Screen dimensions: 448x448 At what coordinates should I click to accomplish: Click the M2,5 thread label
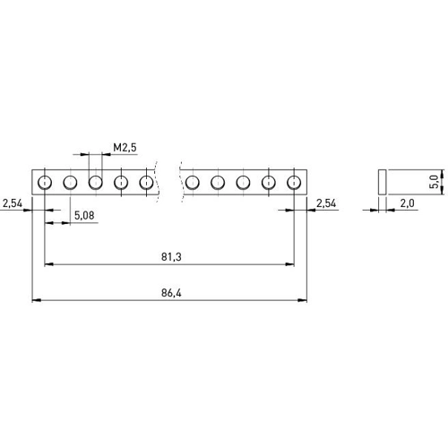coord(125,147)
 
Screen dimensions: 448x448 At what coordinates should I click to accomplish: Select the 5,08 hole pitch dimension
coord(84,215)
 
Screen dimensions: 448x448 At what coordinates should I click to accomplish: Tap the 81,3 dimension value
coord(171,257)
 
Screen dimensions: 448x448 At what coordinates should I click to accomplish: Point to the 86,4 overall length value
coord(171,293)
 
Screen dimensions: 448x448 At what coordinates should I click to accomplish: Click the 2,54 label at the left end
coord(13,203)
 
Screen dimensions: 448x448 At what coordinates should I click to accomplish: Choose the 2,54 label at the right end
coord(326,203)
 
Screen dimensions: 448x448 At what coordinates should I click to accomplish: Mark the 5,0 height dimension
coord(435,182)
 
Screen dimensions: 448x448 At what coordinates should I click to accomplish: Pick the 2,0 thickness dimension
coord(408,203)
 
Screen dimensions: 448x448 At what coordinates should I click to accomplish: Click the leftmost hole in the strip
coord(45,182)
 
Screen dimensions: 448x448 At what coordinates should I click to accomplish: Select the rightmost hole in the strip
coord(294,182)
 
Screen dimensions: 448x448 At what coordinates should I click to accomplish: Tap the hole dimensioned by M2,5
coord(96,182)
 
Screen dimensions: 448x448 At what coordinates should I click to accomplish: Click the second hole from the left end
coord(70,182)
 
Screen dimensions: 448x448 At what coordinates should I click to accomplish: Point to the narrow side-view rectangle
coord(383,182)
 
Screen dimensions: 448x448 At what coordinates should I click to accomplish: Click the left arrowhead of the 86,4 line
coord(37,300)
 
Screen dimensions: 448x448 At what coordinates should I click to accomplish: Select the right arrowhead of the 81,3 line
coord(289,264)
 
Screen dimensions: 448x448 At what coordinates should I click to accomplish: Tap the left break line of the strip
coord(157,182)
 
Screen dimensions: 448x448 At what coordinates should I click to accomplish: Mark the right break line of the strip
coord(181,182)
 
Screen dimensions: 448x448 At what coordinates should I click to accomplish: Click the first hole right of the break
coord(193,182)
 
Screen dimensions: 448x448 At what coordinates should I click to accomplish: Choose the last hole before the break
coord(146,182)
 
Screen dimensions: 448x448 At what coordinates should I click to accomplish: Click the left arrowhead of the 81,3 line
coord(49,264)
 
